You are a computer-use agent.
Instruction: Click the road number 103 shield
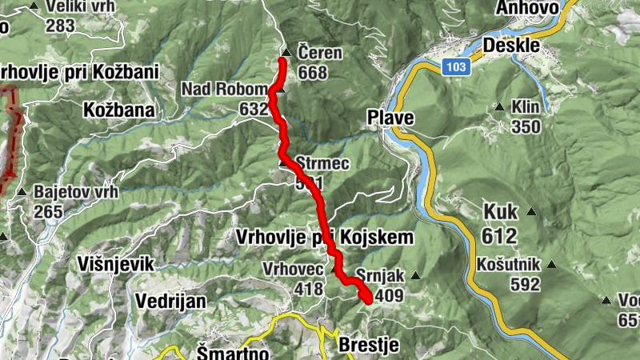click(454, 68)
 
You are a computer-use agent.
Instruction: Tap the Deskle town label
click(511, 45)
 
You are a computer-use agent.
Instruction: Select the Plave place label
click(390, 118)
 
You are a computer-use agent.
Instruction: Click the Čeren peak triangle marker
click(285, 53)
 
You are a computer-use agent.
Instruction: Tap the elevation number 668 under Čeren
click(312, 72)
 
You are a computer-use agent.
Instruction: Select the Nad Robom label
click(221, 89)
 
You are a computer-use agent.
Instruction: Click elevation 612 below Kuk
click(500, 235)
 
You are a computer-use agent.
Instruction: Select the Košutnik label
click(509, 265)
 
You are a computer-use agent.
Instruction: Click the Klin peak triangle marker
click(499, 106)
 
